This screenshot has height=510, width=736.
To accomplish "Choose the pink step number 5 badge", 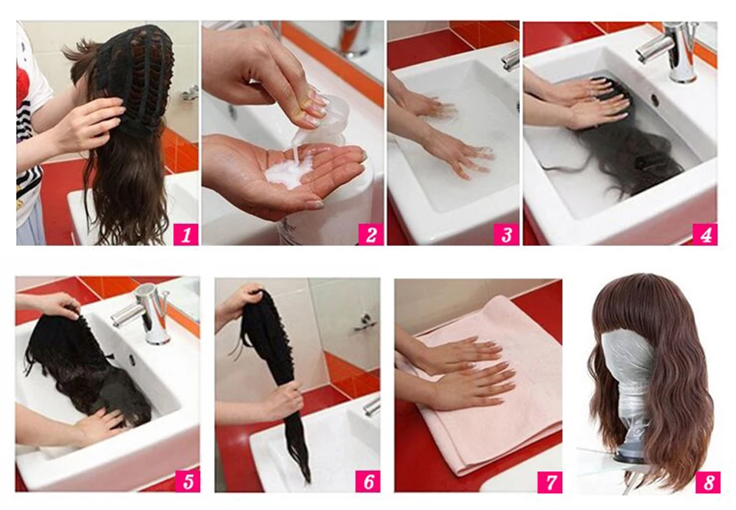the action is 188,482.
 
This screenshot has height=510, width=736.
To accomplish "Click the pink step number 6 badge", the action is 368,482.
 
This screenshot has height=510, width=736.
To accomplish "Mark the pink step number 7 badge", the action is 550,482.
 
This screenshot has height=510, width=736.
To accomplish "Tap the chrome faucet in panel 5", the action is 146,312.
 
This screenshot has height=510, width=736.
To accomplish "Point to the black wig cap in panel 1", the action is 136,77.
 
